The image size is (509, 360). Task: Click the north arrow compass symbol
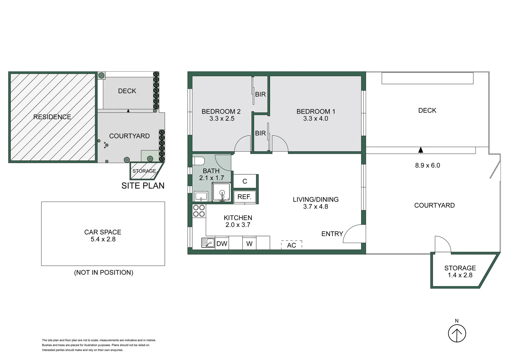[x=456, y=333]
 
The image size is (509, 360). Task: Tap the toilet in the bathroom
[x=199, y=161]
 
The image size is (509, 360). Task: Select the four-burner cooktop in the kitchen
[x=199, y=211]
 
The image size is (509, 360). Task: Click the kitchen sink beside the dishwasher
[x=208, y=243]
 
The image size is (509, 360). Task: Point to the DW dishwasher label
[x=222, y=244]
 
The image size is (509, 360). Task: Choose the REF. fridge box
[x=245, y=197]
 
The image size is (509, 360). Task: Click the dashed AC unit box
[x=291, y=245]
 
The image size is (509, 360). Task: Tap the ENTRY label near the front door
[x=332, y=234]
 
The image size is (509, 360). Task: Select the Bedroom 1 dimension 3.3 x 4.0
[x=315, y=119]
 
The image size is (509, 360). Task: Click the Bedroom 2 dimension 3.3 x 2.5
[x=222, y=119]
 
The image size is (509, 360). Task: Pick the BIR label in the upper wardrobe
[x=260, y=94]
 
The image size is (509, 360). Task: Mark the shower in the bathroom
[x=222, y=192]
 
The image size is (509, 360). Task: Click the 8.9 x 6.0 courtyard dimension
[x=427, y=165]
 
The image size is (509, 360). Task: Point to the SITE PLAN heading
[x=143, y=186]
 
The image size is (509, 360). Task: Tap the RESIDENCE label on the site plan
[x=52, y=117]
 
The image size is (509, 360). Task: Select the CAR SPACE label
[x=103, y=232]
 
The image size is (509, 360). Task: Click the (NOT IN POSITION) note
[x=104, y=272]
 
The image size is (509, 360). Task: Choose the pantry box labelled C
[x=245, y=181]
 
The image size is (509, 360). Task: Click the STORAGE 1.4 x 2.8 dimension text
[x=460, y=275]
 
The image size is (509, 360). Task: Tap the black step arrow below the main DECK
[x=421, y=150]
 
